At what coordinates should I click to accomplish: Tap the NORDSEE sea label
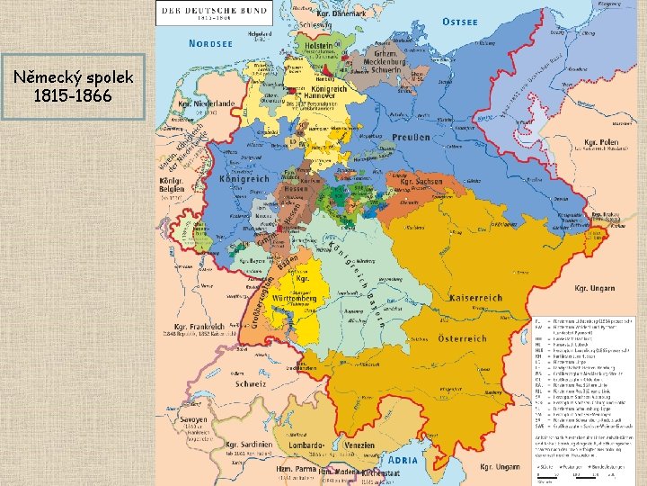(x=210, y=42)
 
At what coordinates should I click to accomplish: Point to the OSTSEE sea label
(x=459, y=22)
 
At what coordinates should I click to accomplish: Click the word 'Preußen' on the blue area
(x=412, y=138)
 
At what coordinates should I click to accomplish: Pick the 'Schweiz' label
(x=250, y=382)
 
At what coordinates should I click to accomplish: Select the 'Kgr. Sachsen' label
(x=419, y=182)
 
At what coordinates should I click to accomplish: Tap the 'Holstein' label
(x=319, y=44)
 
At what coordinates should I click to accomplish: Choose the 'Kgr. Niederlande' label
(x=213, y=103)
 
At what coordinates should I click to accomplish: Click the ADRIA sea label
(x=403, y=460)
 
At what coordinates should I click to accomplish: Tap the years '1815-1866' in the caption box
(x=74, y=94)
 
